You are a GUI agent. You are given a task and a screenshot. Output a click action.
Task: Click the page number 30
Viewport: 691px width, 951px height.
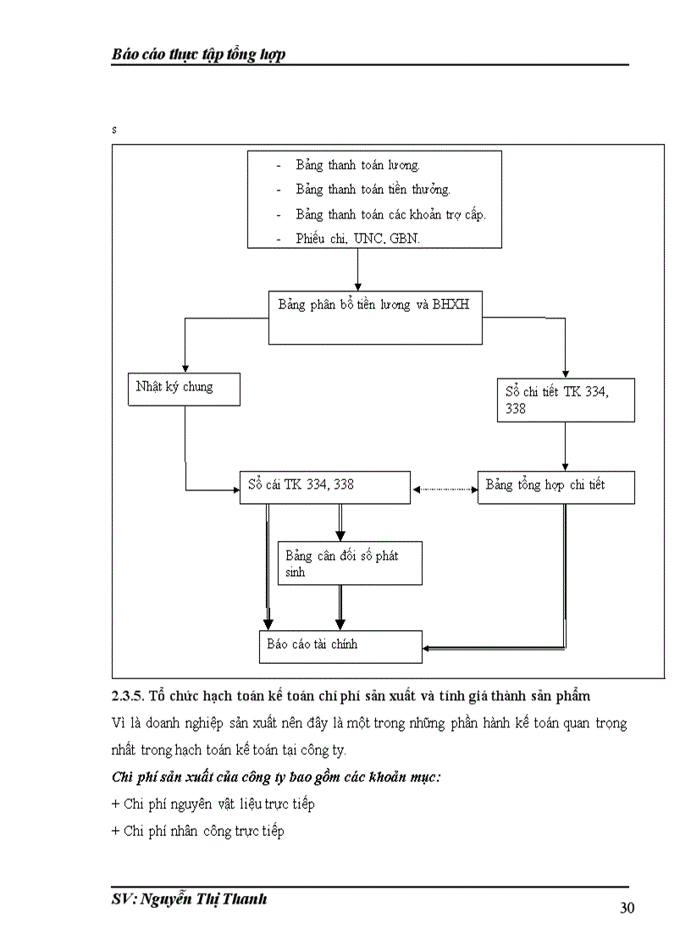[627, 909]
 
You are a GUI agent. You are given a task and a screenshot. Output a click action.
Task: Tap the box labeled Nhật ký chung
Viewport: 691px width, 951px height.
[184, 388]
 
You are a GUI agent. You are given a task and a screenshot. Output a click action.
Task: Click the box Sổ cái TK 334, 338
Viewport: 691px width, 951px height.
[324, 487]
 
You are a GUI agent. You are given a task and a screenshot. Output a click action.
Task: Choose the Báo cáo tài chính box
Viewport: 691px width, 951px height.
[340, 645]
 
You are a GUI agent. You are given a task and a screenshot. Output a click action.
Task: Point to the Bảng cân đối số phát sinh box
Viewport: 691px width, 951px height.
[350, 563]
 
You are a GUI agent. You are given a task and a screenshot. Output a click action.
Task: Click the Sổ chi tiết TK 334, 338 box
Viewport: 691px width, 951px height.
[565, 400]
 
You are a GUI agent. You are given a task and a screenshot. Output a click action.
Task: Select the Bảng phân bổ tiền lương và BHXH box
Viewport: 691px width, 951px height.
[375, 318]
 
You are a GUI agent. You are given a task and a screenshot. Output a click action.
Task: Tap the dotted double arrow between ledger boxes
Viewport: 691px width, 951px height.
[444, 489]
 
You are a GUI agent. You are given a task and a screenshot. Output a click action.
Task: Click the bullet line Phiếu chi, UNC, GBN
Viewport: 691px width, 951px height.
[357, 239]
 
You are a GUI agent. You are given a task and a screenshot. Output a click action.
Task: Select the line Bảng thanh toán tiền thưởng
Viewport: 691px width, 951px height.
[373, 190]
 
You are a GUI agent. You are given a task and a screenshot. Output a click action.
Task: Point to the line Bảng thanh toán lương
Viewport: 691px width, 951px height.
[357, 165]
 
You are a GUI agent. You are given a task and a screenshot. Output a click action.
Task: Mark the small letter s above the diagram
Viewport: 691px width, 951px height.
[113, 130]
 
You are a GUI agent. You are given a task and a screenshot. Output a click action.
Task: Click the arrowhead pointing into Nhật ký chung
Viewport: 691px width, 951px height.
[184, 367]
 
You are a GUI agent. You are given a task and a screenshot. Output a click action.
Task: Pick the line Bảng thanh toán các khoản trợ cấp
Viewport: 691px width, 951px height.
[390, 214]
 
